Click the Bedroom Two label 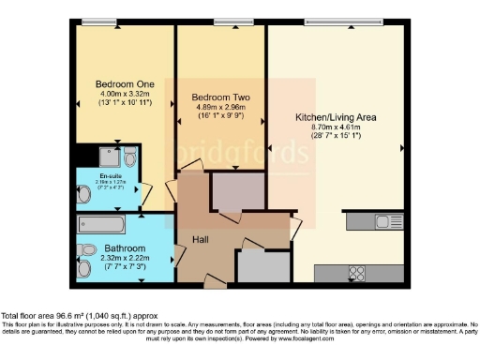coord(219,97)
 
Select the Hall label coord(200,241)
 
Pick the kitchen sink coord(384,221)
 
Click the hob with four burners coord(357,274)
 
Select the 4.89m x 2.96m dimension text coord(219,107)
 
